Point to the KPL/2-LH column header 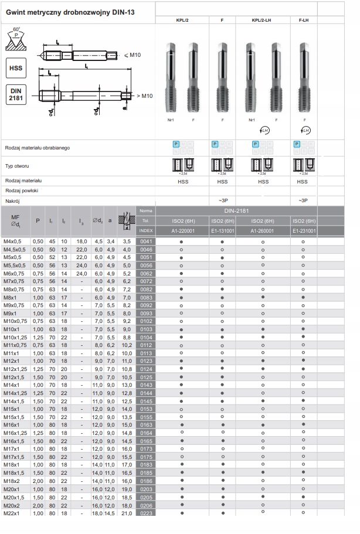tap(261, 20)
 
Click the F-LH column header tap(303, 20)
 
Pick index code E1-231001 tap(303, 231)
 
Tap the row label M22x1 tap(12, 513)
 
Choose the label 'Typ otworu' tap(17, 166)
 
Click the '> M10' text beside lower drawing tap(144, 96)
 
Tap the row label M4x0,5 tap(12, 242)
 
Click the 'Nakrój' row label tap(13, 200)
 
